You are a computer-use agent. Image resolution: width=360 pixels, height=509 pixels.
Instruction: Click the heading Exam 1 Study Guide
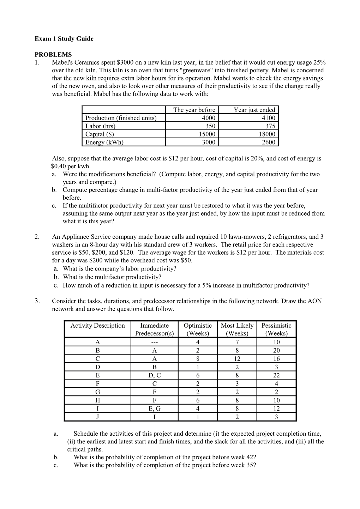pyautogui.click(x=64, y=39)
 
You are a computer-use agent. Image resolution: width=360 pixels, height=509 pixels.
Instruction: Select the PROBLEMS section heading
pyautogui.click(x=53, y=55)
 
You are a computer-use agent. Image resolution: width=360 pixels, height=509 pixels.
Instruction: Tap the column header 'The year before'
pyautogui.click(x=194, y=110)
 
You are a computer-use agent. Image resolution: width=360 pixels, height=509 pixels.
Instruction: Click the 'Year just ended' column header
pyautogui.click(x=254, y=110)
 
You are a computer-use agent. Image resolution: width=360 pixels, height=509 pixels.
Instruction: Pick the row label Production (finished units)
pyautogui.click(x=121, y=118)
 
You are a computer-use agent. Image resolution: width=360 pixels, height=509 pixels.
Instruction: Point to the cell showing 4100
pyautogui.click(x=269, y=118)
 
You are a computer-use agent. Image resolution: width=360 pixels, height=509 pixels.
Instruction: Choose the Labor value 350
pyautogui.click(x=210, y=126)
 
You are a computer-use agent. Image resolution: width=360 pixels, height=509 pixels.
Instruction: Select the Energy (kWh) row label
pyautogui.click(x=104, y=142)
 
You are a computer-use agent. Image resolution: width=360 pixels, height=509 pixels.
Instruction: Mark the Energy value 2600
pyautogui.click(x=269, y=142)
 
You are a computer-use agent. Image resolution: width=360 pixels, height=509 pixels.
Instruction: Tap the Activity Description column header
pyautogui.click(x=97, y=326)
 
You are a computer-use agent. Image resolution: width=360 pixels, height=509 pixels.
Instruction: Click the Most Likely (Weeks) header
pyautogui.click(x=237, y=329)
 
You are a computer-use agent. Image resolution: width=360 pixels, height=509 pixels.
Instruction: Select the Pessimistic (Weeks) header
pyautogui.click(x=276, y=329)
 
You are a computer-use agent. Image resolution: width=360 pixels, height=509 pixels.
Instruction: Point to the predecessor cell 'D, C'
pyautogui.click(x=154, y=375)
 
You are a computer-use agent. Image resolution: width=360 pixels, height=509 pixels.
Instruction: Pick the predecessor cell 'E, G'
pyautogui.click(x=154, y=408)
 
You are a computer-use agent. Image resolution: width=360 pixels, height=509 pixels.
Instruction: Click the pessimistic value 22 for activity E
pyautogui.click(x=276, y=375)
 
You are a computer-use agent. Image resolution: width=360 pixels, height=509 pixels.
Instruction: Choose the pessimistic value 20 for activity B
pyautogui.click(x=276, y=350)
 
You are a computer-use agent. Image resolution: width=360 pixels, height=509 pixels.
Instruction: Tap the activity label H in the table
pyautogui.click(x=97, y=400)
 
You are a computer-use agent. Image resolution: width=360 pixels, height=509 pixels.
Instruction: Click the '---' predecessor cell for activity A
pyautogui.click(x=154, y=342)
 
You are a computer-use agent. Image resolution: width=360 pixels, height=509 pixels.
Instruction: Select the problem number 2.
pyautogui.click(x=37, y=237)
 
